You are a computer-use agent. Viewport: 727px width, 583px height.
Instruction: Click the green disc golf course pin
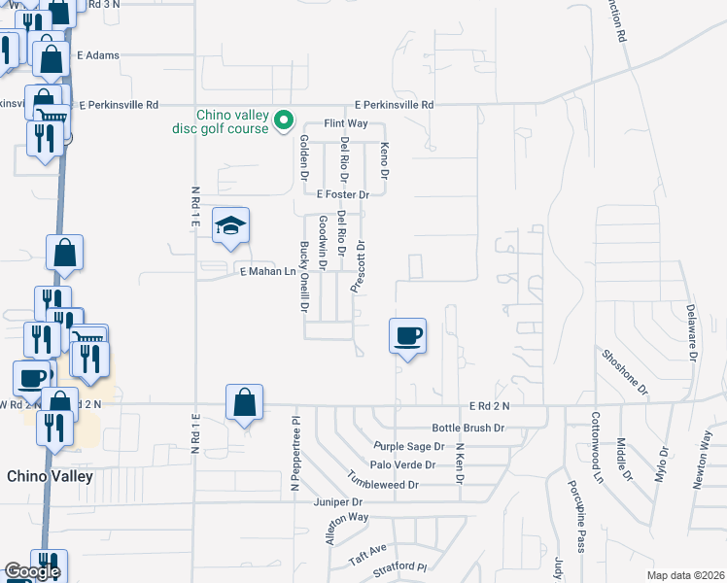point(284,120)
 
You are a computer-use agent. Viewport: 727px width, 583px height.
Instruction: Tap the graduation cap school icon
point(230,226)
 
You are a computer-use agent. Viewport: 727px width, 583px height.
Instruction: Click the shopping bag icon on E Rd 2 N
point(244,402)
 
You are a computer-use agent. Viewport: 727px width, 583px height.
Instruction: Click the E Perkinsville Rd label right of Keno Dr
point(394,104)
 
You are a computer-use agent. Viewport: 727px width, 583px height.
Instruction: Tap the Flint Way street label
point(345,123)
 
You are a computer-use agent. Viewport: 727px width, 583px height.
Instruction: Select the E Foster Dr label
point(336,195)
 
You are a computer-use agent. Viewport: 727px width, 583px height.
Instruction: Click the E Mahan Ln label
point(267,271)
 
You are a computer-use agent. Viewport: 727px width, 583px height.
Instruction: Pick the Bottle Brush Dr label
point(468,428)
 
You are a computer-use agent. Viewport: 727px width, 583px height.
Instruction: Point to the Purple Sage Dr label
point(408,446)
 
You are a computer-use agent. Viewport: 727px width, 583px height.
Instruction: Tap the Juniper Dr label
point(337,502)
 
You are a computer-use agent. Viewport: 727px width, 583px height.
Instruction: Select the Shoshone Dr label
point(624,371)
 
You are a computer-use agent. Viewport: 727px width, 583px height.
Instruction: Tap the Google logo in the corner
point(32,571)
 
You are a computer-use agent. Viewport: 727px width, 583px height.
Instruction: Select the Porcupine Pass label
point(576,516)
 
